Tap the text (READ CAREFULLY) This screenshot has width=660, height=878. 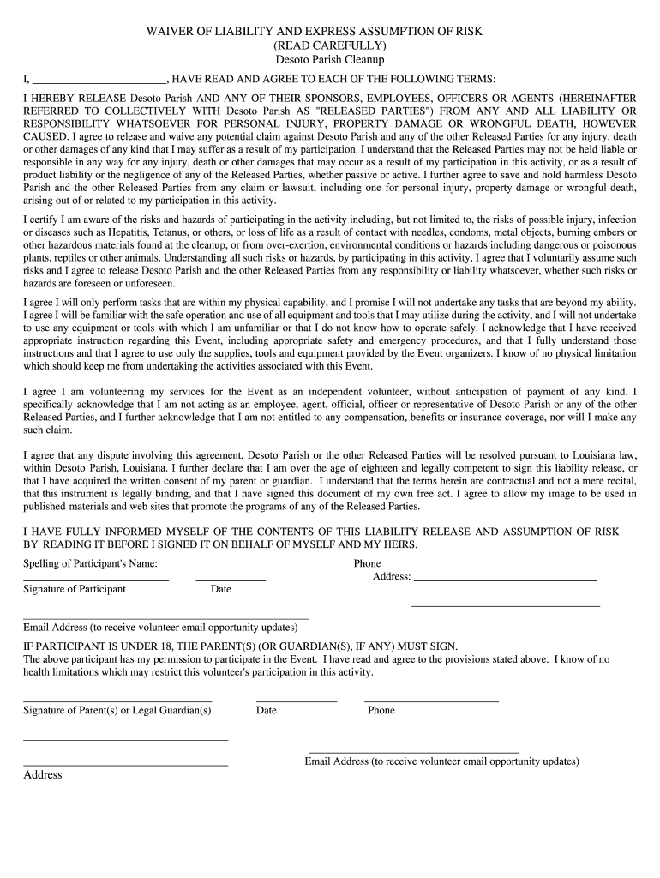tap(329, 45)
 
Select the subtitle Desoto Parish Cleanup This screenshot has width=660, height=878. tap(329, 60)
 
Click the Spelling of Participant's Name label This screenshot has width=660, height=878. tap(90, 564)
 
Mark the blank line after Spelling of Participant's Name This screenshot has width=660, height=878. tap(254, 568)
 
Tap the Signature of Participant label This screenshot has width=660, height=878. tap(75, 589)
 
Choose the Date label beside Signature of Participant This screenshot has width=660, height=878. tap(221, 589)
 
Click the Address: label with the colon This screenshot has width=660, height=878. tap(392, 577)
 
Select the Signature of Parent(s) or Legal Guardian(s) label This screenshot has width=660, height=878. tap(117, 710)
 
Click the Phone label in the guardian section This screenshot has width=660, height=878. tap(381, 710)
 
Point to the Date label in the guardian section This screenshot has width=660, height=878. tap(267, 710)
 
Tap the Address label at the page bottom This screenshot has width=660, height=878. tap(43, 774)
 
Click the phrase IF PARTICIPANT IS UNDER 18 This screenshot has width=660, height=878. tap(99, 646)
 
